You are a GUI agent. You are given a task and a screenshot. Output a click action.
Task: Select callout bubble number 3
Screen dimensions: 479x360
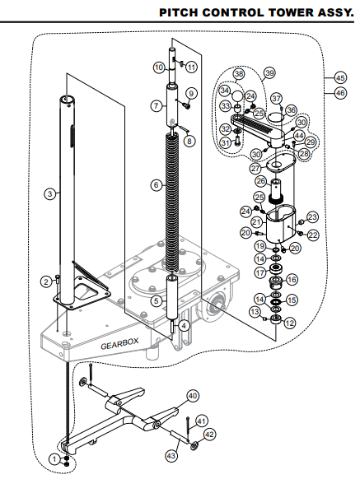pyautogui.click(x=49, y=193)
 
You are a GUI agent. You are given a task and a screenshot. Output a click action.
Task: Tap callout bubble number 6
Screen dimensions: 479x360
pyautogui.click(x=157, y=186)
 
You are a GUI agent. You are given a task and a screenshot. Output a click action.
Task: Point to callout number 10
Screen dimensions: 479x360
pyautogui.click(x=159, y=66)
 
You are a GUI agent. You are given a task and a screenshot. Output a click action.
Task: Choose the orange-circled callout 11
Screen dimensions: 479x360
pyautogui.click(x=191, y=66)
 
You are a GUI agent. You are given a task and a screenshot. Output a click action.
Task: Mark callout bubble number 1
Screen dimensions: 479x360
pyautogui.click(x=54, y=458)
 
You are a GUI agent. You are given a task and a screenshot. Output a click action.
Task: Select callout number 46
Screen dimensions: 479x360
pyautogui.click(x=339, y=94)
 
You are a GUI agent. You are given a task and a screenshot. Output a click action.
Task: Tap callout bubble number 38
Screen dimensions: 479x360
pyautogui.click(x=239, y=74)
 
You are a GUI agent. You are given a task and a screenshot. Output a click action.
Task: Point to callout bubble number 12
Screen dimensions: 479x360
pyautogui.click(x=289, y=323)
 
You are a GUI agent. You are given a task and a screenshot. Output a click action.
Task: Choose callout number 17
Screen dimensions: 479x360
pyautogui.click(x=259, y=272)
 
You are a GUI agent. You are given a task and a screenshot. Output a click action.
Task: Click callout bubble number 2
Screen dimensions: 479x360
pyautogui.click(x=44, y=282)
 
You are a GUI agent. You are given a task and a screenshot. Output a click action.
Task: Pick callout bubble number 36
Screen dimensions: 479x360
pyautogui.click(x=291, y=110)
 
